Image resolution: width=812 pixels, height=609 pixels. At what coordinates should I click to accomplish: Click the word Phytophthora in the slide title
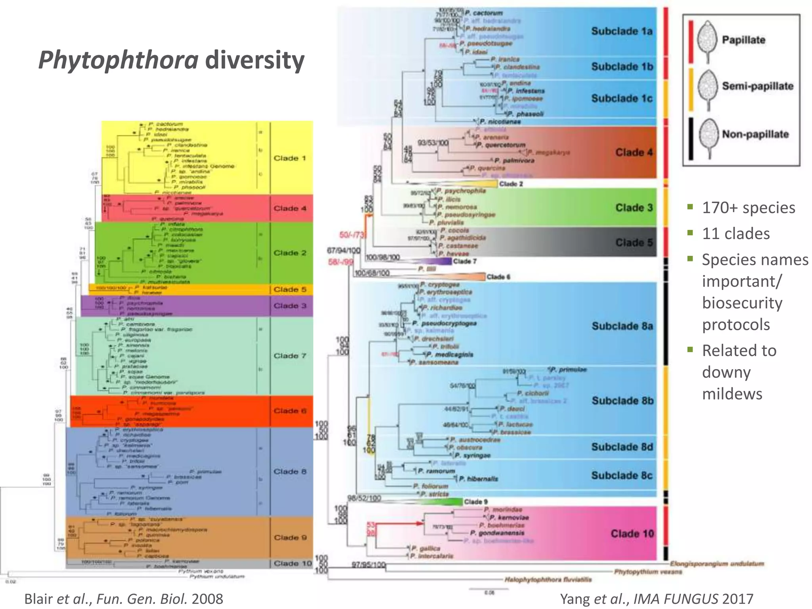pyautogui.click(x=118, y=60)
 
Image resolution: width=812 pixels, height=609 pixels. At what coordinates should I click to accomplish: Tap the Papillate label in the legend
pyautogui.click(x=743, y=40)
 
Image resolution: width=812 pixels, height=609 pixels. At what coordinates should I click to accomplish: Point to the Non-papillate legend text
pyautogui.click(x=755, y=134)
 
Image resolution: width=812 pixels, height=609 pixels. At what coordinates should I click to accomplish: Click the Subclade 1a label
pyautogui.click(x=621, y=31)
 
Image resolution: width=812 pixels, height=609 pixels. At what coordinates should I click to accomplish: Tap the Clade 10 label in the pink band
pyautogui.click(x=632, y=534)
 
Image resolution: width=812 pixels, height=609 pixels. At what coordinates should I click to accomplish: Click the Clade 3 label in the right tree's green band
pyautogui.click(x=634, y=208)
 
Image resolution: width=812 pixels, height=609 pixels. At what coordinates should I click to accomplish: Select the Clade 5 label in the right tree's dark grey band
pyautogui.click(x=634, y=242)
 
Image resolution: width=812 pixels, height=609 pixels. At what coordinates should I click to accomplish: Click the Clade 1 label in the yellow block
pyautogui.click(x=290, y=158)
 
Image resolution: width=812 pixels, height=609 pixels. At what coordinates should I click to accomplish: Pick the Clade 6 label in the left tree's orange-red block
pyautogui.click(x=290, y=411)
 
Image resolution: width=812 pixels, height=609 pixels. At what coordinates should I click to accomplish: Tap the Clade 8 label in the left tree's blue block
pyautogui.click(x=290, y=471)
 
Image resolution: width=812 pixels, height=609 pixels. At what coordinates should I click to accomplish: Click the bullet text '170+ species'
pyautogui.click(x=748, y=208)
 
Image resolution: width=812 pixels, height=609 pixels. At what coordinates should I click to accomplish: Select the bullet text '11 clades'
pyautogui.click(x=735, y=234)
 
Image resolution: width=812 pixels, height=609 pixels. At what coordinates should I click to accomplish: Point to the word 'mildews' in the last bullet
pyautogui.click(x=732, y=394)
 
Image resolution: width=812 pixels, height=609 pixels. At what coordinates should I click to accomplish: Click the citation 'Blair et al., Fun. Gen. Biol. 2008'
pyautogui.click(x=124, y=599)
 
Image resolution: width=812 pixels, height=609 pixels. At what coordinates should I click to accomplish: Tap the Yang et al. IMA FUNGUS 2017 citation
pyautogui.click(x=656, y=599)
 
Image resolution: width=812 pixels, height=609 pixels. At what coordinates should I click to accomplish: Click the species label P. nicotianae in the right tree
pyautogui.click(x=500, y=122)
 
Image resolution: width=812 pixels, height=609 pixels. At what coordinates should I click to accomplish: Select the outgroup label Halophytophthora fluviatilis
pyautogui.click(x=548, y=580)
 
